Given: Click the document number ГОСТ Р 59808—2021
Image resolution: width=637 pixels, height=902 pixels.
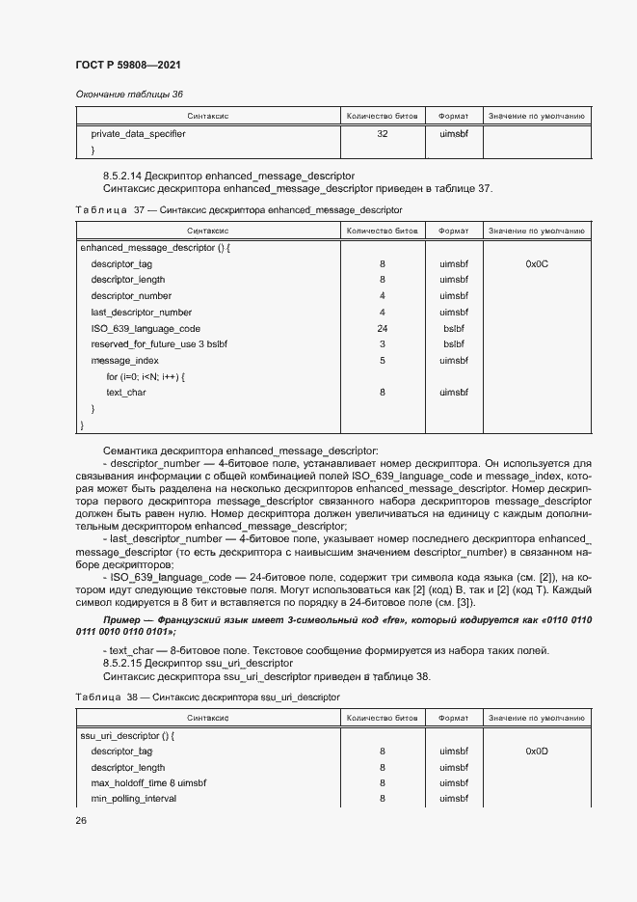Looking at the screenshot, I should (127, 65).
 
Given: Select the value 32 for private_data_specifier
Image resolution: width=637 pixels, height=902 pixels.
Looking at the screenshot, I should (383, 134).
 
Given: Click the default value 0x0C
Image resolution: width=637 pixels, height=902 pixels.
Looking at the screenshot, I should (537, 263).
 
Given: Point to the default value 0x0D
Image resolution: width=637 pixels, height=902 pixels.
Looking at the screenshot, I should (537, 751).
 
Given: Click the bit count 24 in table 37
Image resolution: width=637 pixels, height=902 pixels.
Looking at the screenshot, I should (383, 328).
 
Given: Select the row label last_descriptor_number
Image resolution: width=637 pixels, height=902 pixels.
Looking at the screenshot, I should (141, 312).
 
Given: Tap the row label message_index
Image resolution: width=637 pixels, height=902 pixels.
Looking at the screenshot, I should (124, 361).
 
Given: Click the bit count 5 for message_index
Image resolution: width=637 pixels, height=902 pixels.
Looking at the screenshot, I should (383, 361).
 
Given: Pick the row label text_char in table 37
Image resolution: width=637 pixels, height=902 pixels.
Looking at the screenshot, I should (125, 393).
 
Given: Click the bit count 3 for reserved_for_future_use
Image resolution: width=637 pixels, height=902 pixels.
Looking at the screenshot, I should (383, 344).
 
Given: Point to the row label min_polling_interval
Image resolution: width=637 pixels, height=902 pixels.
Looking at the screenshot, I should (134, 799).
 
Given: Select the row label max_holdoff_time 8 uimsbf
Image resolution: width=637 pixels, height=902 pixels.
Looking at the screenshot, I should (148, 782).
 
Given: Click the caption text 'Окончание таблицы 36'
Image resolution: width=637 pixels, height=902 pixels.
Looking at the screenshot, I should (129, 94).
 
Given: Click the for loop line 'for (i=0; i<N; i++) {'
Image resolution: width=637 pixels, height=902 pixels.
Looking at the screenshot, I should (146, 376).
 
